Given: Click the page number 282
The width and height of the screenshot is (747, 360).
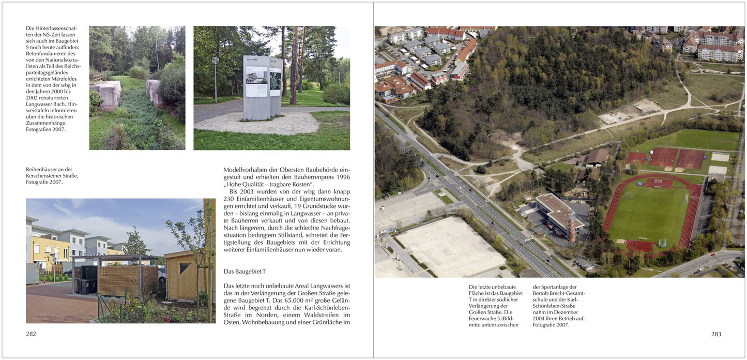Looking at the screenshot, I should [31, 334].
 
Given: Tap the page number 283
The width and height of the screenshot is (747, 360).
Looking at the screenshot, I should [716, 334].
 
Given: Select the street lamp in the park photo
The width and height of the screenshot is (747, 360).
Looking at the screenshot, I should [216, 78].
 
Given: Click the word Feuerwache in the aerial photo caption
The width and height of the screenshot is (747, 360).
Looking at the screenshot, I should [483, 319].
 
